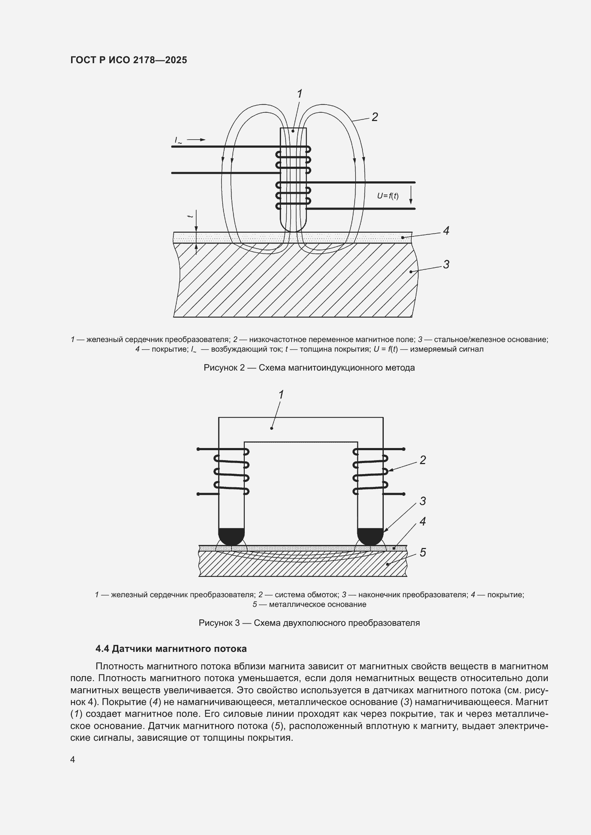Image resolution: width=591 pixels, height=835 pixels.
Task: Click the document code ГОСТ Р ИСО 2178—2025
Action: [x=129, y=60]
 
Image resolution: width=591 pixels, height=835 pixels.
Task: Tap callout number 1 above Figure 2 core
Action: [x=299, y=94]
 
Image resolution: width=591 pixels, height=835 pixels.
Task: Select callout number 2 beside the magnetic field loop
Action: [x=374, y=117]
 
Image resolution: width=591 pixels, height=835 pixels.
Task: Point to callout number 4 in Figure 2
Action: [x=446, y=231]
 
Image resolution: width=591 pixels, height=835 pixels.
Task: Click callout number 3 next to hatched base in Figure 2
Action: [x=446, y=265]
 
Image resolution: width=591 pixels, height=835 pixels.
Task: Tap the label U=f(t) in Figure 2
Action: [x=388, y=196]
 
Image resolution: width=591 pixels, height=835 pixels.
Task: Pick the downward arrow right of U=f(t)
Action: [x=411, y=195]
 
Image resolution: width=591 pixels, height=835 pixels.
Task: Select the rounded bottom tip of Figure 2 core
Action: [x=293, y=228]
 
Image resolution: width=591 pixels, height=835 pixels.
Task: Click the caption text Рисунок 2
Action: [x=309, y=368]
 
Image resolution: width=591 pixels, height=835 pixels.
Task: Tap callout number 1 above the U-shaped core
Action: [x=281, y=394]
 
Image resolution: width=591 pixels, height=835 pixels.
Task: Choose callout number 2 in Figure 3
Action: [x=422, y=461]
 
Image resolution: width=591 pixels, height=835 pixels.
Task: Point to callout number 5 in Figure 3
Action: [x=422, y=553]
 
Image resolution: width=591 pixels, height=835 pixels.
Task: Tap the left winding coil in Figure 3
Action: [x=232, y=472]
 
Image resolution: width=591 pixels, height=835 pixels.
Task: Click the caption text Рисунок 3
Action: [x=309, y=623]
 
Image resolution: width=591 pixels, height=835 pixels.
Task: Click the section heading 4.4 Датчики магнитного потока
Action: [x=171, y=649]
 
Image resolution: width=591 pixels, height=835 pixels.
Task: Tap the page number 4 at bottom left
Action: [x=73, y=760]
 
